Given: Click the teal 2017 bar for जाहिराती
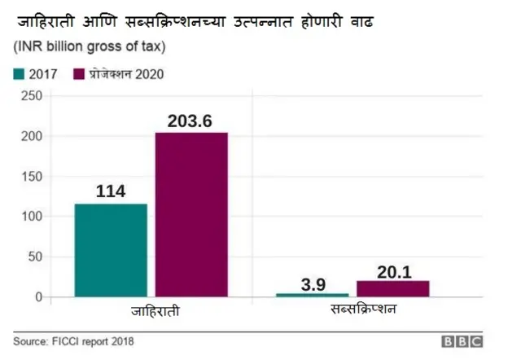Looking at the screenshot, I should (x=111, y=250).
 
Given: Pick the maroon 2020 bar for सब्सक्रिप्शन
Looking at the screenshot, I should (x=392, y=288).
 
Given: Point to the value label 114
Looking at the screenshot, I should (x=111, y=191).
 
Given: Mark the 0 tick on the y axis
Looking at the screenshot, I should (x=37, y=296).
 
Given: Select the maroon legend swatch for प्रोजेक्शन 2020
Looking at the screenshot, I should (x=80, y=74).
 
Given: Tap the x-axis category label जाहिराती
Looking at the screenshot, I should (x=155, y=313).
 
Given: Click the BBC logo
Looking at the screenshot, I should (x=462, y=341).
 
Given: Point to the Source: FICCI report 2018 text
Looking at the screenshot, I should (x=73, y=341).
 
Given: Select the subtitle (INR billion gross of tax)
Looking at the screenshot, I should (x=94, y=48).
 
